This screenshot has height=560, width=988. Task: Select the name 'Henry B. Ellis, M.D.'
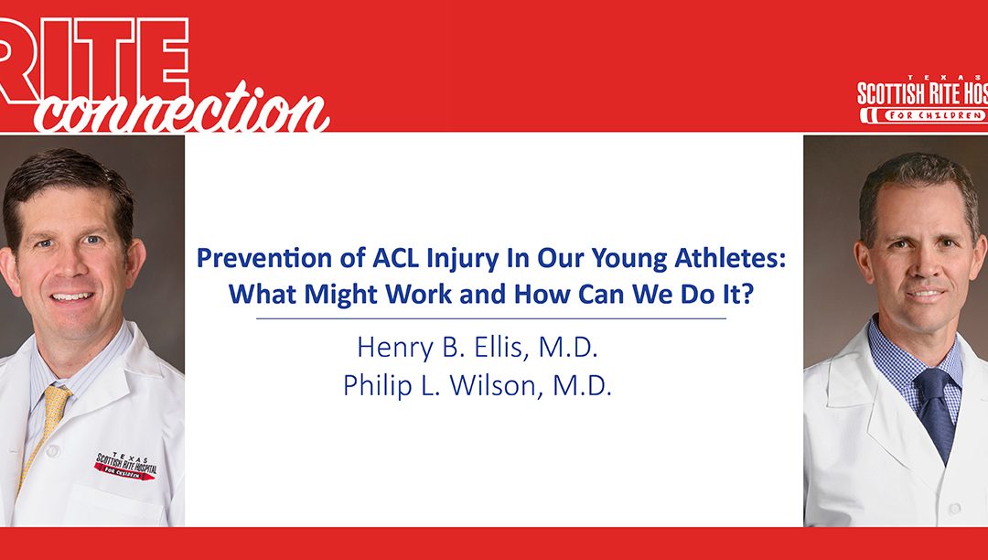478,350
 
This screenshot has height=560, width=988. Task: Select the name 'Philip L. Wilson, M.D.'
478,385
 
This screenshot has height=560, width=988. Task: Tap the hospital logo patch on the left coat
124,465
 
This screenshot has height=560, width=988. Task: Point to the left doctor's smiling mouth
73,296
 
